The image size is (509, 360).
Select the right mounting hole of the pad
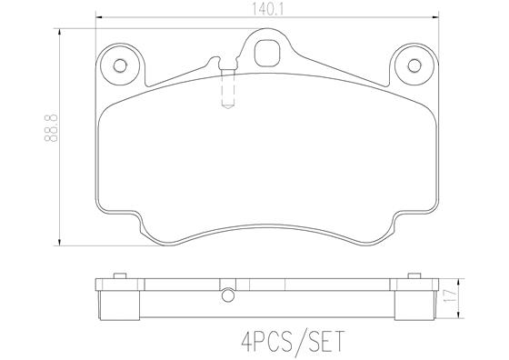pyautogui.click(x=415, y=65)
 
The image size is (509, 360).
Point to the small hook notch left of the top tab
pyautogui.click(x=215, y=64)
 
